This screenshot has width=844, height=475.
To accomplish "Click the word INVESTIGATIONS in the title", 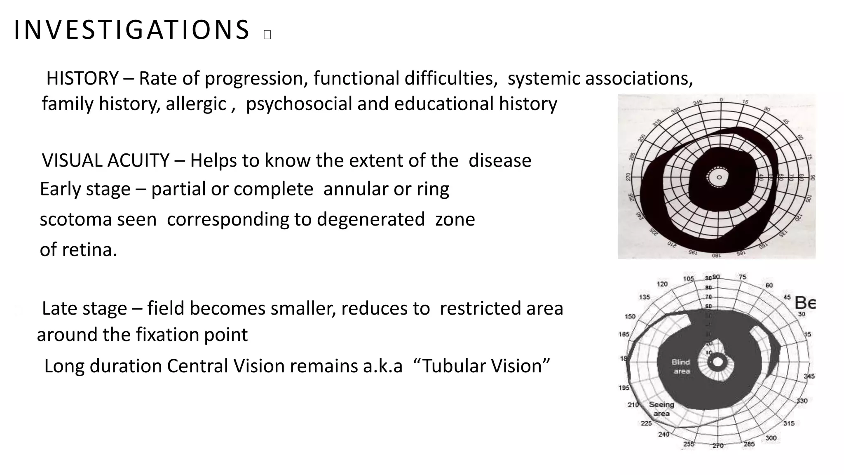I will tap(131, 30).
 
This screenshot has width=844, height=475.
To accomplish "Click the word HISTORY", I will tap(82, 78).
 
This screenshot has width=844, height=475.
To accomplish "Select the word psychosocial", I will tap(299, 103).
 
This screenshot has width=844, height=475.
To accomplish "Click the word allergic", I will tap(196, 103).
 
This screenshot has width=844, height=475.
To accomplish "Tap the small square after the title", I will tap(267, 35).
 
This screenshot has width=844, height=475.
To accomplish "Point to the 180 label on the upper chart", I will tap(717, 255).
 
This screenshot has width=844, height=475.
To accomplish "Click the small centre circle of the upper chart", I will tap(719, 177).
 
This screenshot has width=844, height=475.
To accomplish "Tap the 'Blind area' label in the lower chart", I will tap(681, 367).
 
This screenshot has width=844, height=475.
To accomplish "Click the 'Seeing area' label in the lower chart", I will tap(661, 409).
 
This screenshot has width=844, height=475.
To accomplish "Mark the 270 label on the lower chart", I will tap(718, 446).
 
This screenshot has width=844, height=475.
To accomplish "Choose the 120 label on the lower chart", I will tap(662, 284).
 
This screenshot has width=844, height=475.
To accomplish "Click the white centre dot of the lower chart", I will tap(718, 362).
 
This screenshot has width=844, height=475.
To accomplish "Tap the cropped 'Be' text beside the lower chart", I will tap(805, 303).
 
